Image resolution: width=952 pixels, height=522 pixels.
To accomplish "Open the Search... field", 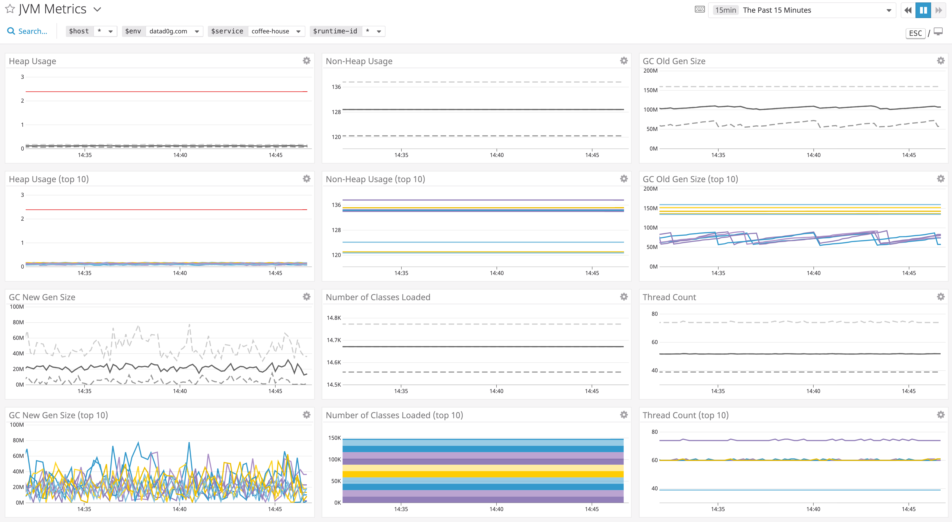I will (32, 31).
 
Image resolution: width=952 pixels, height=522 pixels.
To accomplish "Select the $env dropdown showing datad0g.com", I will (174, 31).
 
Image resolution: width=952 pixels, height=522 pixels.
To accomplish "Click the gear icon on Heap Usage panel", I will (306, 61).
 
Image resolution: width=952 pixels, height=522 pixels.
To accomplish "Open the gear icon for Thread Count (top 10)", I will (941, 415).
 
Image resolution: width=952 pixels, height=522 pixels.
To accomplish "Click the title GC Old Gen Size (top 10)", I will (690, 179).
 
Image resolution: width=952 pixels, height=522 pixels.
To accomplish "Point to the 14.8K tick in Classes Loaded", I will (334, 318).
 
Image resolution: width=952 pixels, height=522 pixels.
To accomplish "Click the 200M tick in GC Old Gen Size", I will (650, 71).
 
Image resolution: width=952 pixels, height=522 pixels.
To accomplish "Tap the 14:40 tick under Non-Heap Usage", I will (496, 155).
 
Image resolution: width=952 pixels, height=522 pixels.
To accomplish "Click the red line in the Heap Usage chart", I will (166, 91).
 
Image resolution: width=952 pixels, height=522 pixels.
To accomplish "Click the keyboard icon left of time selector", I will (700, 10).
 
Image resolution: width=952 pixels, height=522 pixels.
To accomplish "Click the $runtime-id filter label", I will (335, 31).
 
